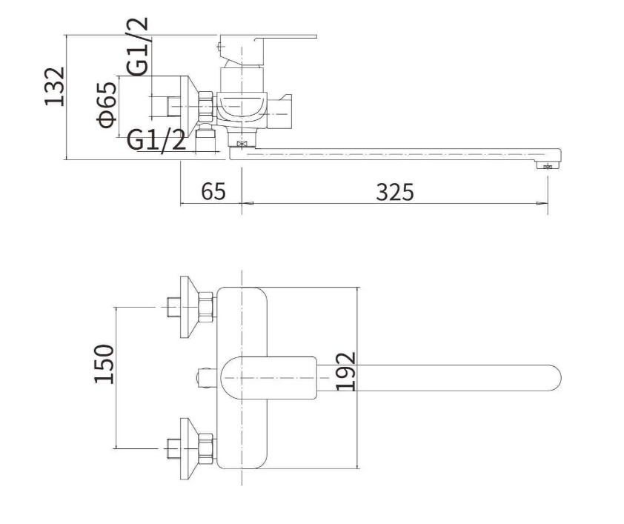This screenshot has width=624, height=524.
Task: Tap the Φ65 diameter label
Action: tap(107, 105)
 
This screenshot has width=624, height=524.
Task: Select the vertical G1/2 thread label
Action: tap(138, 47)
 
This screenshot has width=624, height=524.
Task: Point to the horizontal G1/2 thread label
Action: tap(156, 140)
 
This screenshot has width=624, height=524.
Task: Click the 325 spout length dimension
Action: tap(395, 192)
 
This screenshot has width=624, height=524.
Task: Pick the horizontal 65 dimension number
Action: tap(213, 191)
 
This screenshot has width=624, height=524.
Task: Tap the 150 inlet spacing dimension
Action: tap(104, 364)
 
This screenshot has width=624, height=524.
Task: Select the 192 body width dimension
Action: tap(345, 371)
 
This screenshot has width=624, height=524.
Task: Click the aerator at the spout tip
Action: tap(548, 165)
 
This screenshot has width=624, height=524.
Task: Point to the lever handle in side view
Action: tap(268, 50)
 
